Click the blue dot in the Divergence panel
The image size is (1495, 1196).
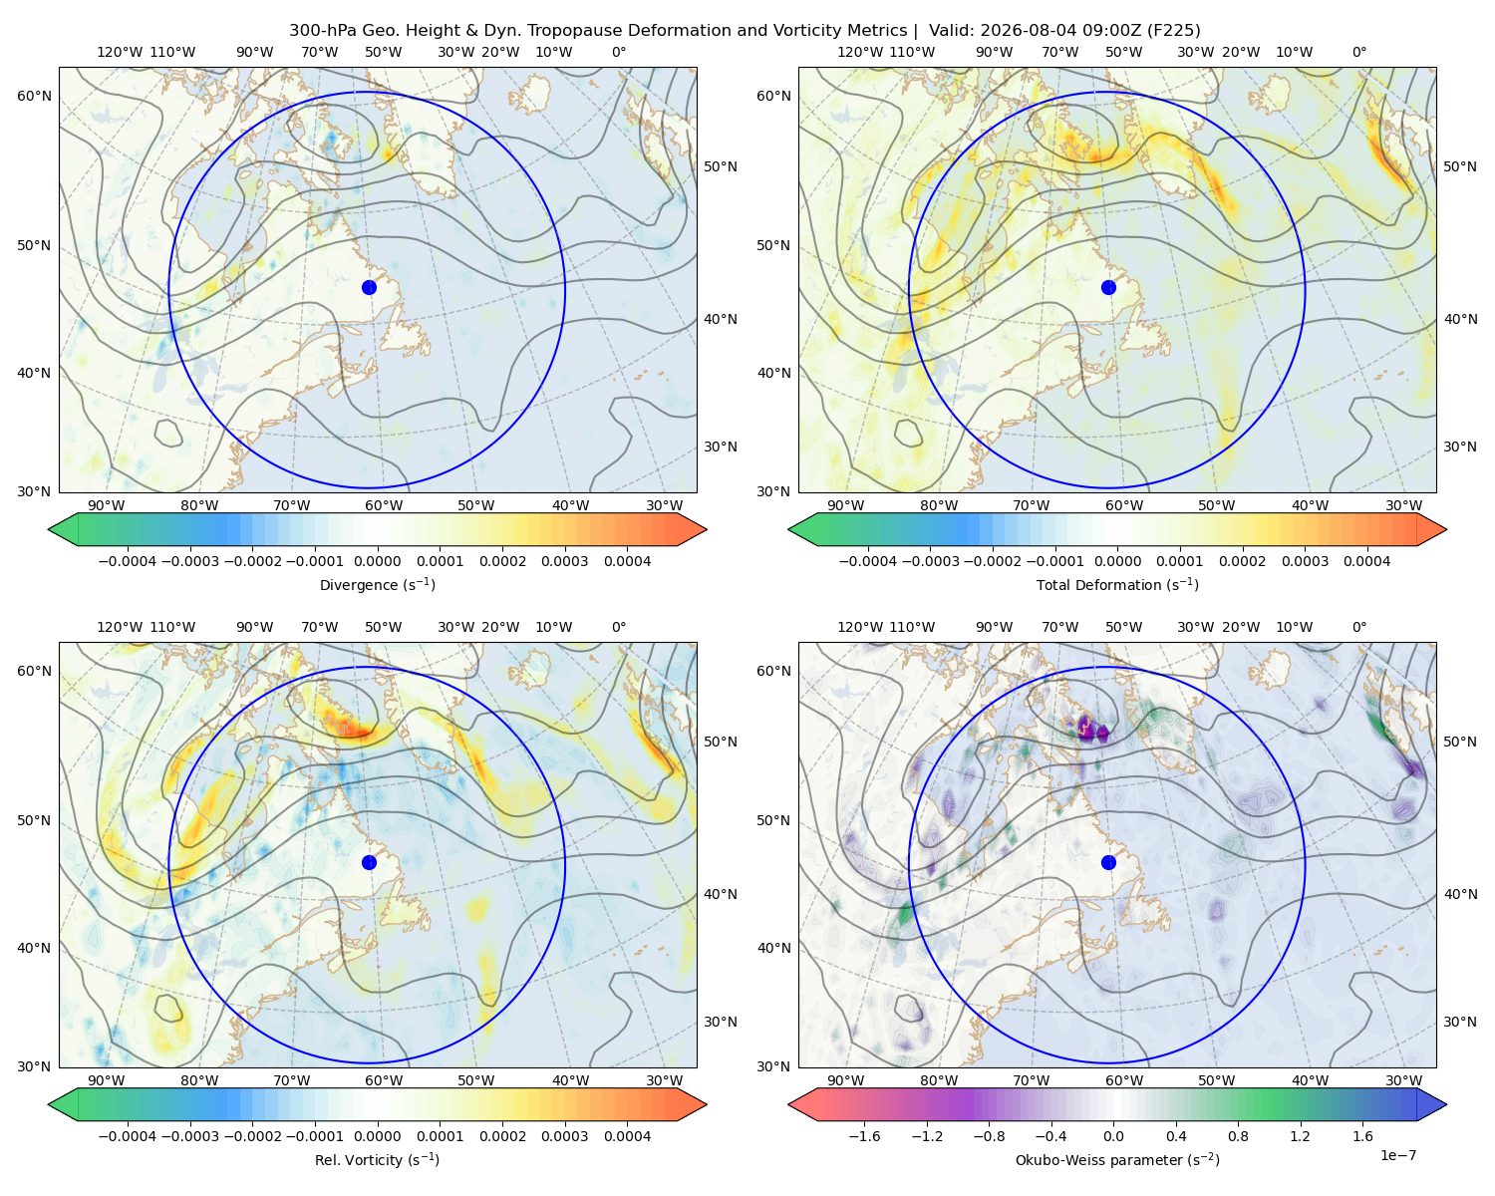[369, 287]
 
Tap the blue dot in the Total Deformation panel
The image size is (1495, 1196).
[1108, 287]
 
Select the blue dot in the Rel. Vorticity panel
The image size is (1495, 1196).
[369, 862]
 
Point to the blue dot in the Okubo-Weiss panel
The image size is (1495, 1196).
[1108, 862]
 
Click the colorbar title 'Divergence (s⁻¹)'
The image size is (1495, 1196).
[377, 584]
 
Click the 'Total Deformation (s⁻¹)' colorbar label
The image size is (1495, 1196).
[1117, 584]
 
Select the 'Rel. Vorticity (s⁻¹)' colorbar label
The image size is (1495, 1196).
[377, 1159]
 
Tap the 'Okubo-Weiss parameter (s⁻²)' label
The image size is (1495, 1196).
[1117, 1159]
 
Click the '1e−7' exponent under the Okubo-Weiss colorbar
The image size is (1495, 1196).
[1397, 1155]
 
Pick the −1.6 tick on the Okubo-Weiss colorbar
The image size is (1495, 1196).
[864, 1135]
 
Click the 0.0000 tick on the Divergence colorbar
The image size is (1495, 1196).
[377, 561]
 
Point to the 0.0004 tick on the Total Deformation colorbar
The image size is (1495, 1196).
[1366, 561]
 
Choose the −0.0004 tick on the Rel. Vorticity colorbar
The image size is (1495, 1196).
[128, 1135]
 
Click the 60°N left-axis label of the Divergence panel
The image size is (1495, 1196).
[34, 96]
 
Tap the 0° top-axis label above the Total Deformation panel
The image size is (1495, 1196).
[1358, 52]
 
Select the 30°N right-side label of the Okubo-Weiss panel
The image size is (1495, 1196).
[1459, 1021]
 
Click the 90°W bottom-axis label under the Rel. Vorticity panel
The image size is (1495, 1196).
[107, 1080]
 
